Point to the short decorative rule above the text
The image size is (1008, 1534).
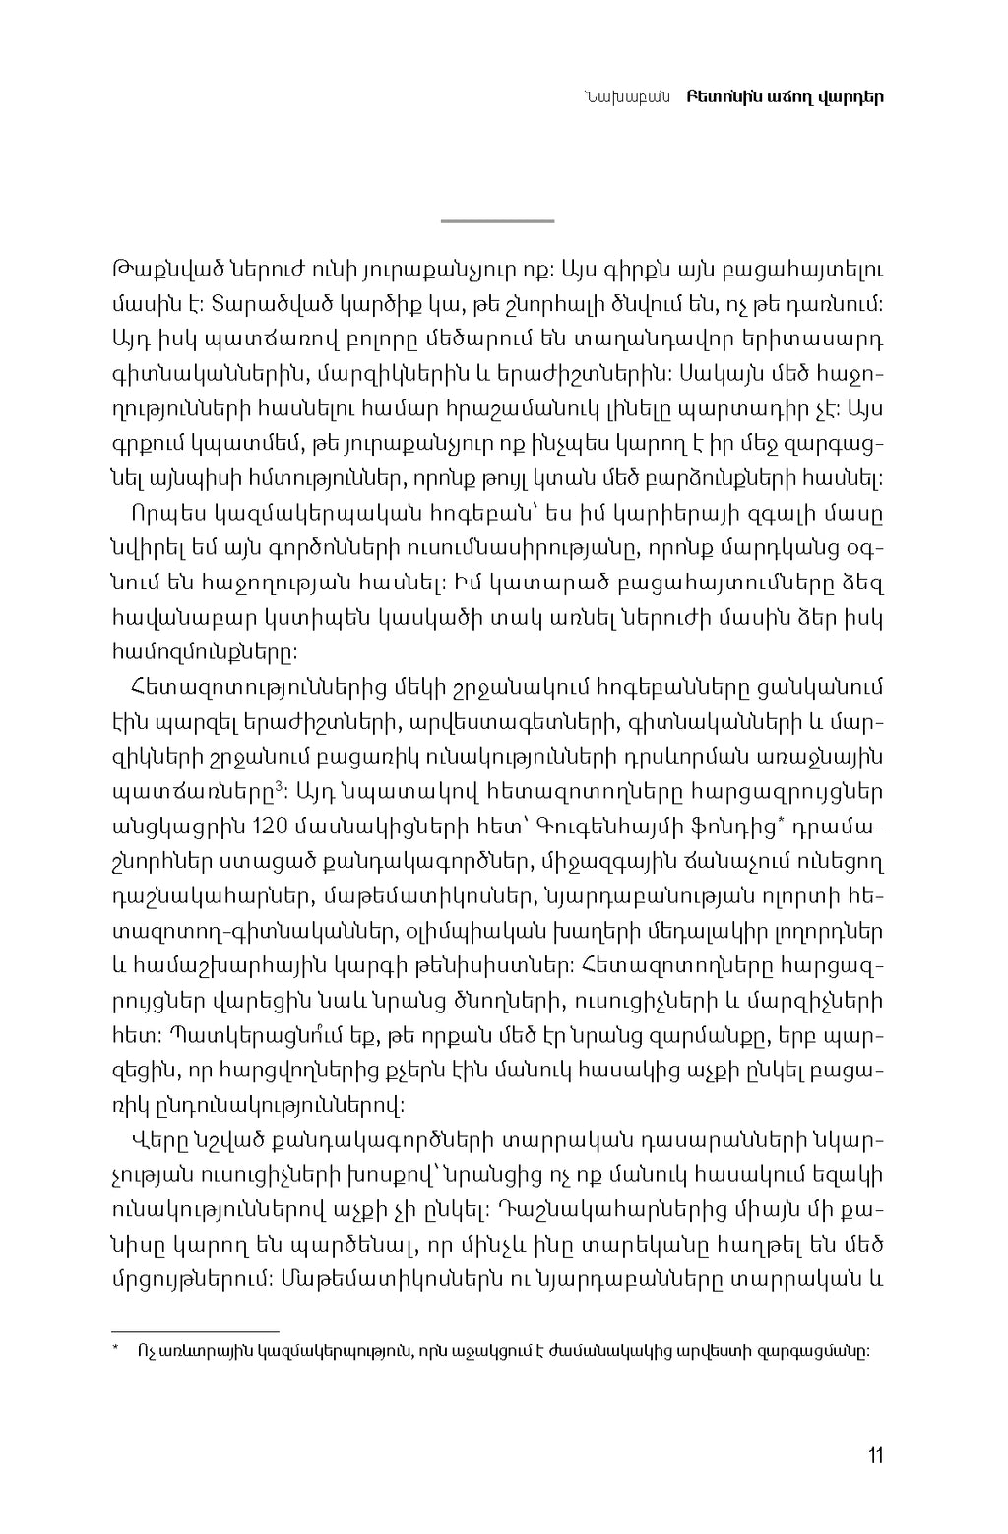coord(497,221)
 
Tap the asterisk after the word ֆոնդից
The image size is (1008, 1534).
coord(780,820)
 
